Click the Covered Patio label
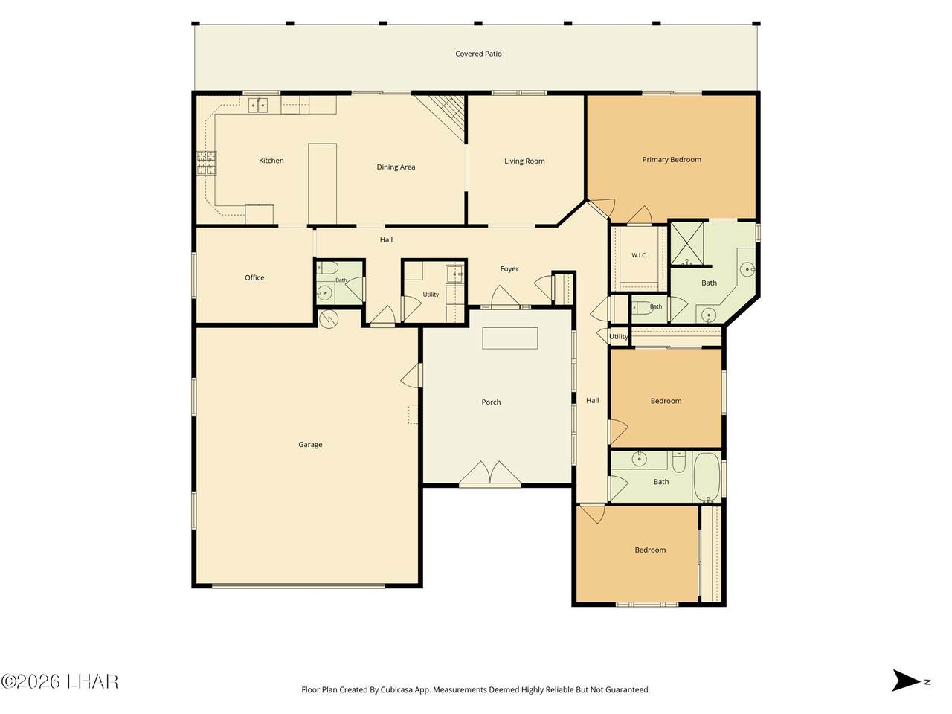(478, 54)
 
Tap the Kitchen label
(271, 161)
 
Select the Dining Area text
(396, 167)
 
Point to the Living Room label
(524, 161)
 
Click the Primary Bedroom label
(672, 159)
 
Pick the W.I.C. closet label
(640, 255)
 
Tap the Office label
(254, 277)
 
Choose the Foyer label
(509, 268)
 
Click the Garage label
(310, 444)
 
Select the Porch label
(491, 402)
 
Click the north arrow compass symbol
(906, 692)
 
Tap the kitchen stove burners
(207, 163)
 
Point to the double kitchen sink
(258, 106)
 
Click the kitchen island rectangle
(322, 184)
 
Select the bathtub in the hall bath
(707, 477)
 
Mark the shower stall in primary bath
(687, 243)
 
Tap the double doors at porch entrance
(490, 472)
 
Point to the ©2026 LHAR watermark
(59, 682)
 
